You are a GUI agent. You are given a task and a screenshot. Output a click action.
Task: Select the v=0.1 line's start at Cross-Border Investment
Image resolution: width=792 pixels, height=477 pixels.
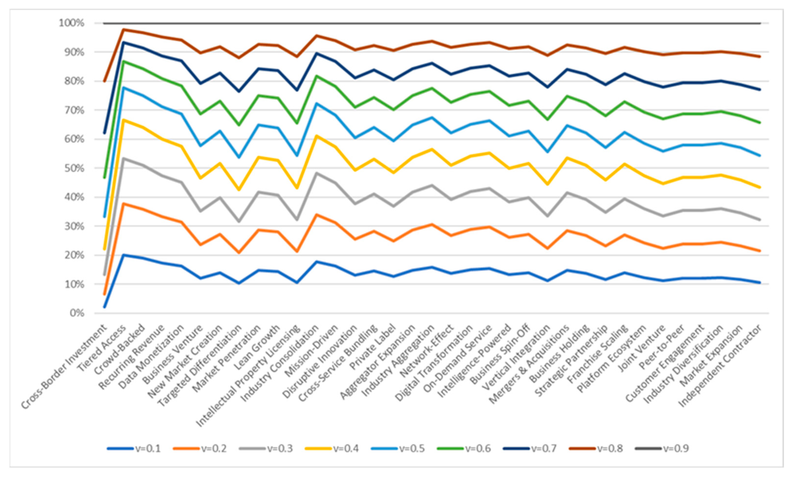click(x=104, y=307)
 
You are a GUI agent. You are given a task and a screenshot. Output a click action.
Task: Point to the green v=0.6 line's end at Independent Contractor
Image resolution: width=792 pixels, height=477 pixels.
click(x=760, y=122)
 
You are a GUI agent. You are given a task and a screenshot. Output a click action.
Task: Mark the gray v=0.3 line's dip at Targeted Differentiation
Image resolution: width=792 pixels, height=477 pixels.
click(x=239, y=221)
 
